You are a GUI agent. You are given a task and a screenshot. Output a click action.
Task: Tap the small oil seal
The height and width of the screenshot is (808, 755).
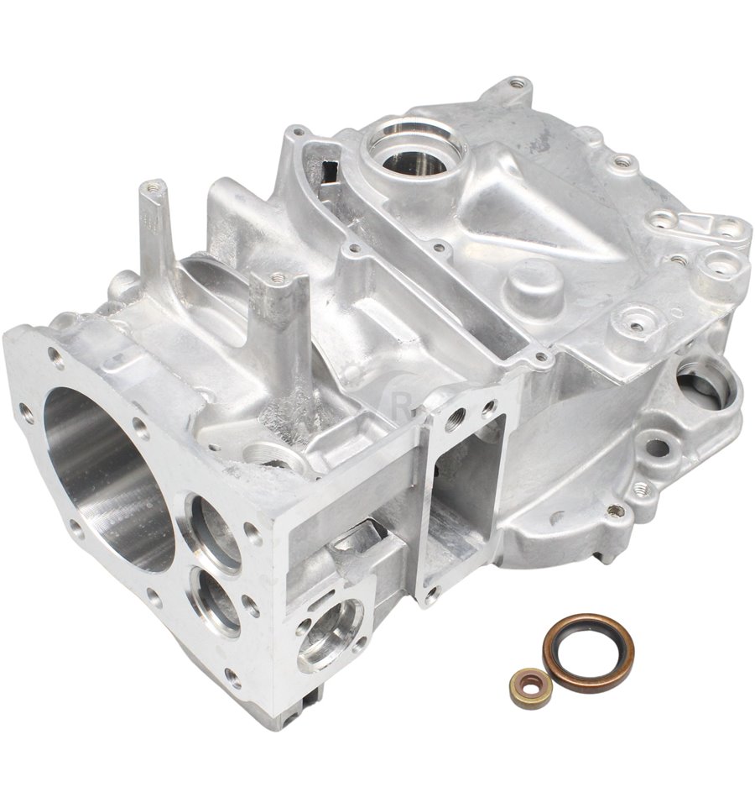click(530, 687)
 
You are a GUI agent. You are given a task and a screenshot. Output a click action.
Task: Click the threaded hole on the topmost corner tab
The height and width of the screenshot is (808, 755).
click(518, 84)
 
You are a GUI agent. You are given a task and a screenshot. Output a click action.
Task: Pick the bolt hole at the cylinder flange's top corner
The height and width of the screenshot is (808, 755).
click(57, 359)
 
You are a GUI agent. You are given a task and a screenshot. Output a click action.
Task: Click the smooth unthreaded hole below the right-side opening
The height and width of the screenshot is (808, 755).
click(658, 448)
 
